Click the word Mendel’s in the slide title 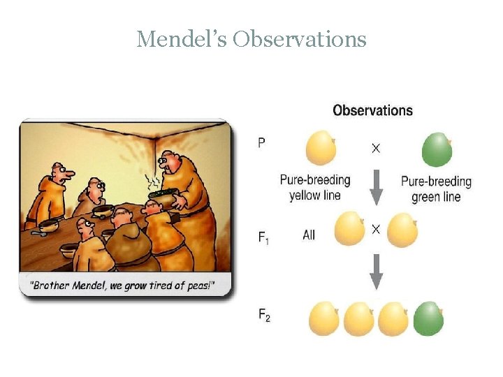click(x=182, y=39)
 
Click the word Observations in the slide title click(x=300, y=39)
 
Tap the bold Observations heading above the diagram click(x=372, y=110)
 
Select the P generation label click(x=261, y=142)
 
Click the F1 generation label click(x=263, y=237)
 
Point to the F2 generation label click(x=263, y=316)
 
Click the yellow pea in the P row click(x=321, y=148)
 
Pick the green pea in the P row click(x=437, y=149)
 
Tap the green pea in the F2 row click(x=428, y=318)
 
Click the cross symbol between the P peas click(x=376, y=149)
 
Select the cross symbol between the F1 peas click(x=376, y=228)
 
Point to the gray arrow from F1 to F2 click(x=376, y=271)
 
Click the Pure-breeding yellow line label click(x=315, y=188)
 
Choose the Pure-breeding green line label click(x=436, y=188)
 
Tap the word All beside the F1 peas click(x=309, y=235)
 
